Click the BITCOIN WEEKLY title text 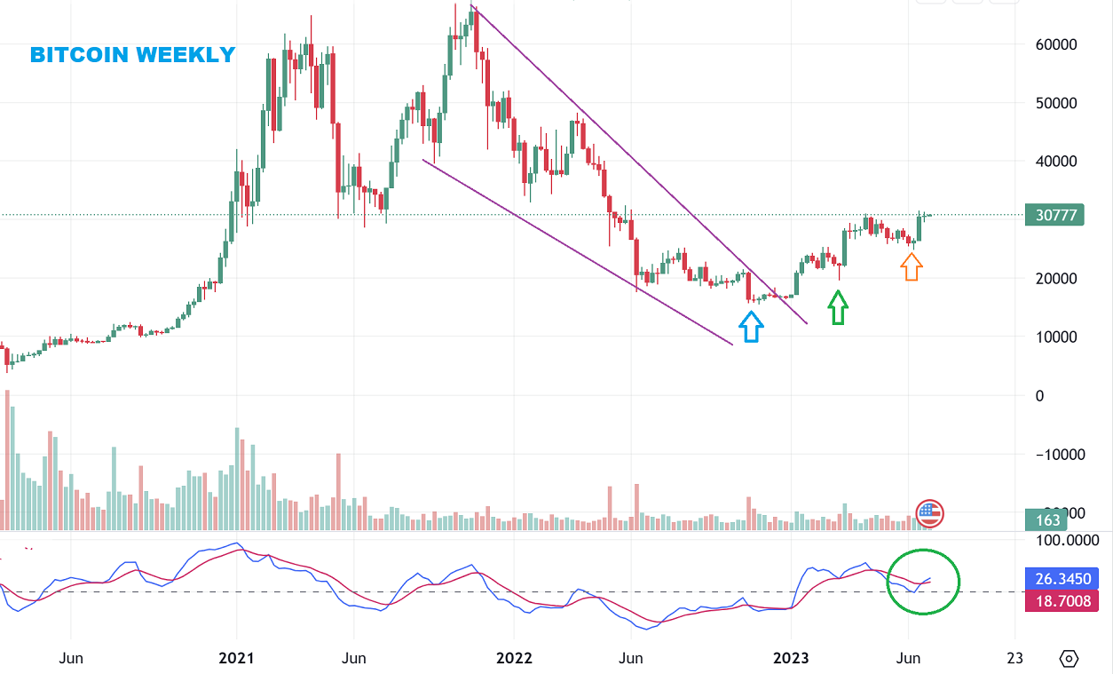pyautogui.click(x=132, y=55)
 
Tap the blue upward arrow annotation pyautogui.click(x=751, y=327)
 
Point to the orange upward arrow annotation pyautogui.click(x=912, y=266)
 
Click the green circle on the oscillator pyautogui.click(x=924, y=581)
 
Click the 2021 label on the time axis pyautogui.click(x=236, y=658)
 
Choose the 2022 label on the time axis pyautogui.click(x=514, y=658)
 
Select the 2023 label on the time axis pyautogui.click(x=791, y=658)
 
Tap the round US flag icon pyautogui.click(x=929, y=512)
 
